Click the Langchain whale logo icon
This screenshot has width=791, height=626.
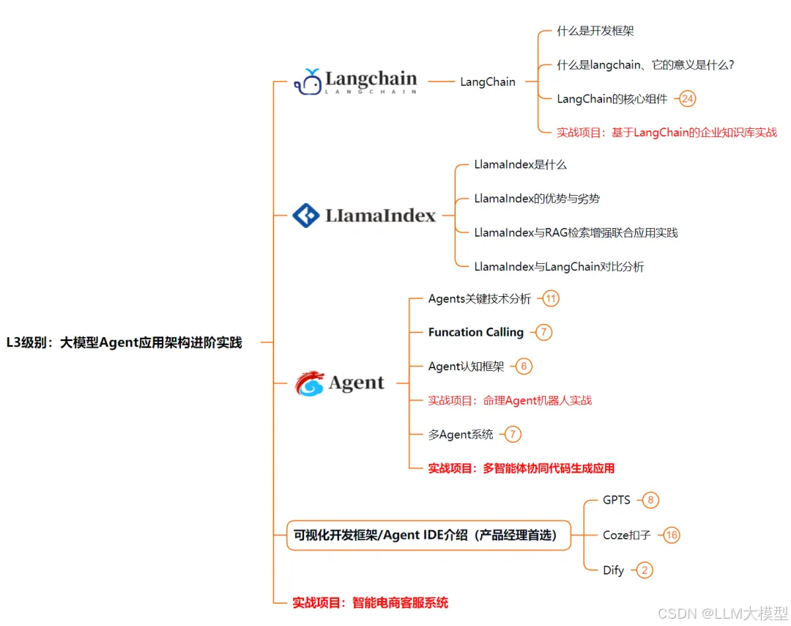[x=308, y=81]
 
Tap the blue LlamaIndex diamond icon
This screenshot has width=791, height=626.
[x=305, y=216]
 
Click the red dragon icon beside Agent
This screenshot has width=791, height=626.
[x=309, y=383]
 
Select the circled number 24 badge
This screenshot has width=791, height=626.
[x=688, y=99]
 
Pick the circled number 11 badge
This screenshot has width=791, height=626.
[x=551, y=298]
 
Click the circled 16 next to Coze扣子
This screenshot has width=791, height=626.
[x=671, y=535]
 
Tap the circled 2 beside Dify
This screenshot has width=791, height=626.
[x=644, y=570]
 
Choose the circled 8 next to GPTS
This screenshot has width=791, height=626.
[x=650, y=500]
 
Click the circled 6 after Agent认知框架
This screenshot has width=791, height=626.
[x=524, y=367]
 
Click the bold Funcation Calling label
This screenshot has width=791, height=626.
[x=476, y=332]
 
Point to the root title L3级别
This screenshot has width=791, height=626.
[x=124, y=342]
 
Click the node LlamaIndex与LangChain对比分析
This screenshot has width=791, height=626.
[x=559, y=267]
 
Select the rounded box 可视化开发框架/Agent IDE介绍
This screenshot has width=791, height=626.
[x=428, y=535]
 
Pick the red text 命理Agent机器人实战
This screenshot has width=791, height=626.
[x=510, y=400]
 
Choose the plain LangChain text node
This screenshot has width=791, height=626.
[x=488, y=82]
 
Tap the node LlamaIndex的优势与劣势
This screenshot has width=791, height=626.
[x=537, y=199]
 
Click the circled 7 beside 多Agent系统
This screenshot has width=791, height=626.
[x=513, y=435]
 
